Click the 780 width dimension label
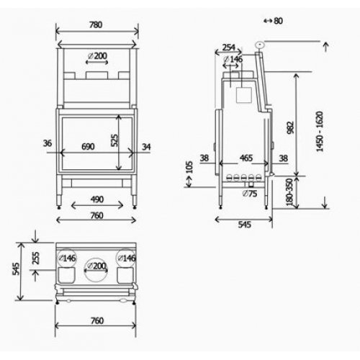pos(96,24)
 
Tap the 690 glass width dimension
pos(88,146)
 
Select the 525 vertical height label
pos(114,140)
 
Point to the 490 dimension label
pos(97,199)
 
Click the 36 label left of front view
pos(48,143)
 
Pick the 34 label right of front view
pos(146,147)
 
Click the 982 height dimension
pos(290,127)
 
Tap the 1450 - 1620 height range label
pos(320,132)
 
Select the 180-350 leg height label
pos(289,192)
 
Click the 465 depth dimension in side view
pos(246,158)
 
